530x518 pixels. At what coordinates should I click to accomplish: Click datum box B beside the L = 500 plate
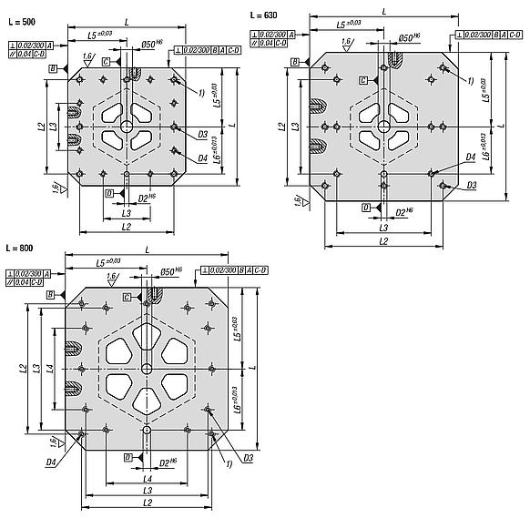coord(55,68)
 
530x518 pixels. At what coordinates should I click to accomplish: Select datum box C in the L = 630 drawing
coord(363,80)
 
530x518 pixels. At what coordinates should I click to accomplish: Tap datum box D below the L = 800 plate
coord(127,457)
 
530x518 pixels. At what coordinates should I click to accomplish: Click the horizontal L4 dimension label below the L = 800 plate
coord(147,479)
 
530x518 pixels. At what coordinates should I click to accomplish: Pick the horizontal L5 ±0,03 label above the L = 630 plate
coord(351,23)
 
